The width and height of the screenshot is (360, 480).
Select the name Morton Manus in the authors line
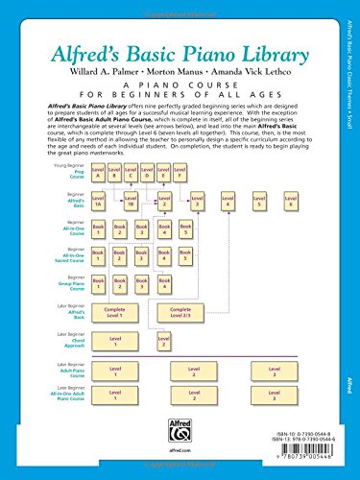click(x=180, y=42)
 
